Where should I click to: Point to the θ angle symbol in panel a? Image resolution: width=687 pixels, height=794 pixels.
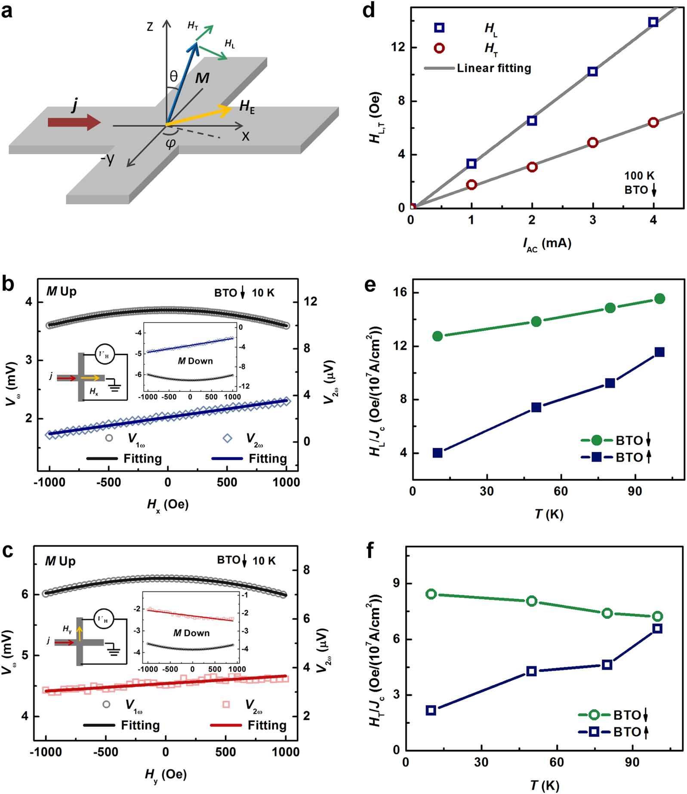click(173, 77)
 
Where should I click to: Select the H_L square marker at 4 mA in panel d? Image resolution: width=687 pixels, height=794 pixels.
click(653, 22)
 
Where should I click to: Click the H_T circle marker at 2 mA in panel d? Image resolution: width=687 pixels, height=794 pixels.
click(532, 167)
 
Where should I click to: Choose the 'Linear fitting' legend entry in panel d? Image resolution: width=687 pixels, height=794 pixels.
click(493, 68)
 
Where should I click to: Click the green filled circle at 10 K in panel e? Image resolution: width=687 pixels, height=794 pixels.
click(437, 336)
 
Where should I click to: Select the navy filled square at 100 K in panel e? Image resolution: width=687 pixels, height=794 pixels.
click(659, 352)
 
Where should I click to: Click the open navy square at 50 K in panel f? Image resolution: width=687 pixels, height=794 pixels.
click(532, 671)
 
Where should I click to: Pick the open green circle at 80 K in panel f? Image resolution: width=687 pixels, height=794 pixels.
click(607, 613)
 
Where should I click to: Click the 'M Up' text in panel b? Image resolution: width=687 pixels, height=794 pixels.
click(62, 292)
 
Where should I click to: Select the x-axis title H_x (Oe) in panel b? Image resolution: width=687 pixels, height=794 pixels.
click(168, 505)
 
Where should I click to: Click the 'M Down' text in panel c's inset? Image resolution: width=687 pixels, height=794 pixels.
click(191, 633)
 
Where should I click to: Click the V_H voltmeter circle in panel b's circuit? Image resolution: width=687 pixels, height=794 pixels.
click(104, 354)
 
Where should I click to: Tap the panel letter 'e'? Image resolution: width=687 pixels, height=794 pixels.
click(370, 285)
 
